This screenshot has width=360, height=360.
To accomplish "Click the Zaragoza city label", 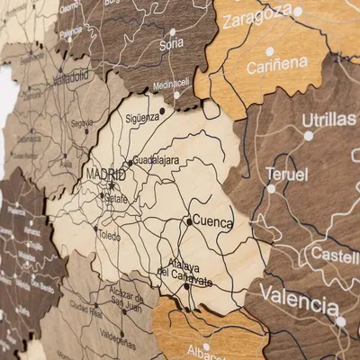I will [256, 17].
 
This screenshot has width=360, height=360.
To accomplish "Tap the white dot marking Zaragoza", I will [298, 12].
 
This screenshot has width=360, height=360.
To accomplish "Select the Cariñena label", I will [277, 66].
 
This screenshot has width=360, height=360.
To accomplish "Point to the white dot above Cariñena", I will [269, 50].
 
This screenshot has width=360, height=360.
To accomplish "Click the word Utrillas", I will [328, 120].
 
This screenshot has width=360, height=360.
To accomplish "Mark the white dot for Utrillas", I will [309, 136].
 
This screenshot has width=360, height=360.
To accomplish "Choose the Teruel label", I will [286, 174].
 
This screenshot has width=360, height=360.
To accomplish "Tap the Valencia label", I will [299, 296].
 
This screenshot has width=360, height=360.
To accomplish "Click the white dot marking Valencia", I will [340, 320].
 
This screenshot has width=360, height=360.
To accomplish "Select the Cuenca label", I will [212, 221].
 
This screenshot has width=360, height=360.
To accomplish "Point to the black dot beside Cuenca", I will [189, 220].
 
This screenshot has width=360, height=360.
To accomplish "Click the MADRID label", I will [106, 173].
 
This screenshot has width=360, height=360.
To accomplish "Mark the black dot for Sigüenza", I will [162, 111].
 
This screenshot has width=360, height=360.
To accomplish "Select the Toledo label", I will [109, 236].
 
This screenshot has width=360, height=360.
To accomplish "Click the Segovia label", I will [82, 122].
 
